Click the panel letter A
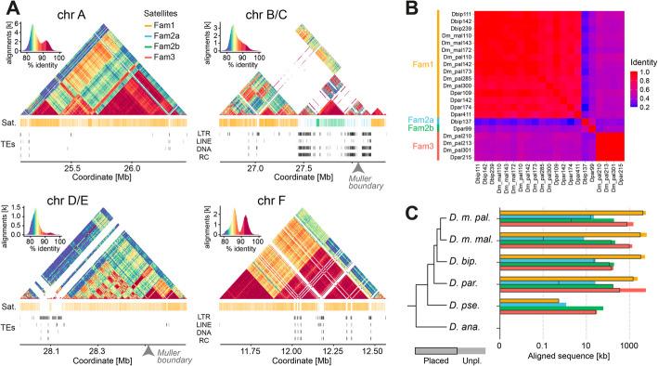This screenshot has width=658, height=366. (10, 9)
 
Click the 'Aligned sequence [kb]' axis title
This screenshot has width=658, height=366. (572, 357)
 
